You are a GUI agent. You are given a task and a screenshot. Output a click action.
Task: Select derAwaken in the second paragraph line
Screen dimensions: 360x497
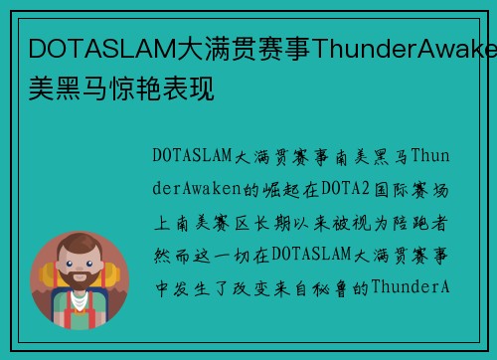coord(198,189)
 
